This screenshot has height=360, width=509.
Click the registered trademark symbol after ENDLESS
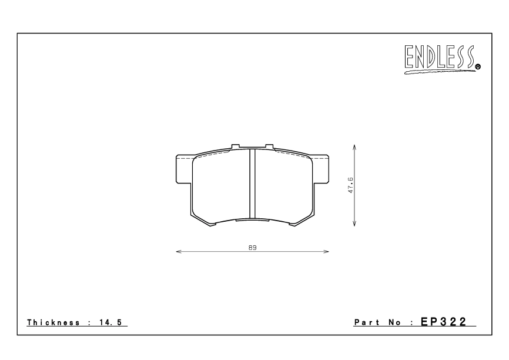coord(478,67)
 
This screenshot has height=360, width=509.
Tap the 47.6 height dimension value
coord(350,185)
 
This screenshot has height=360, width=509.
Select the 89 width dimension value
coord(252,248)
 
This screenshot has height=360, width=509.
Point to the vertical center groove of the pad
coord(252,182)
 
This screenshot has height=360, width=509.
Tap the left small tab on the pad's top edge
coord(236,146)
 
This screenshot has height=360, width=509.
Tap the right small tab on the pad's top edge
coord(269,146)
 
